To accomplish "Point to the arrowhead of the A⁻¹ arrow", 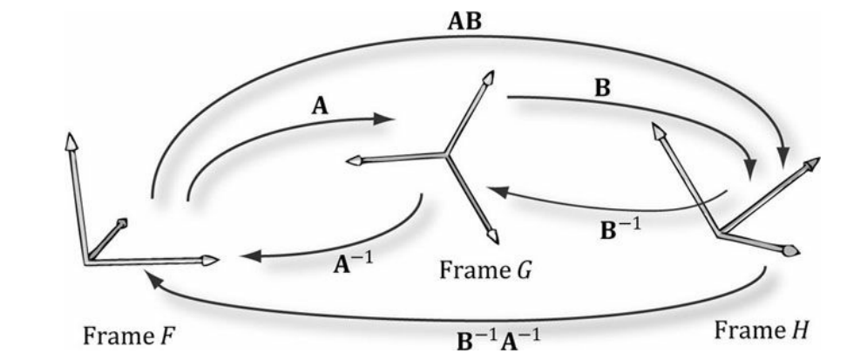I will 247,256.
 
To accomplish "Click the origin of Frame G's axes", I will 446,155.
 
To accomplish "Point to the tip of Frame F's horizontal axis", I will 209,259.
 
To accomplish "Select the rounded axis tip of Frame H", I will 790,251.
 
